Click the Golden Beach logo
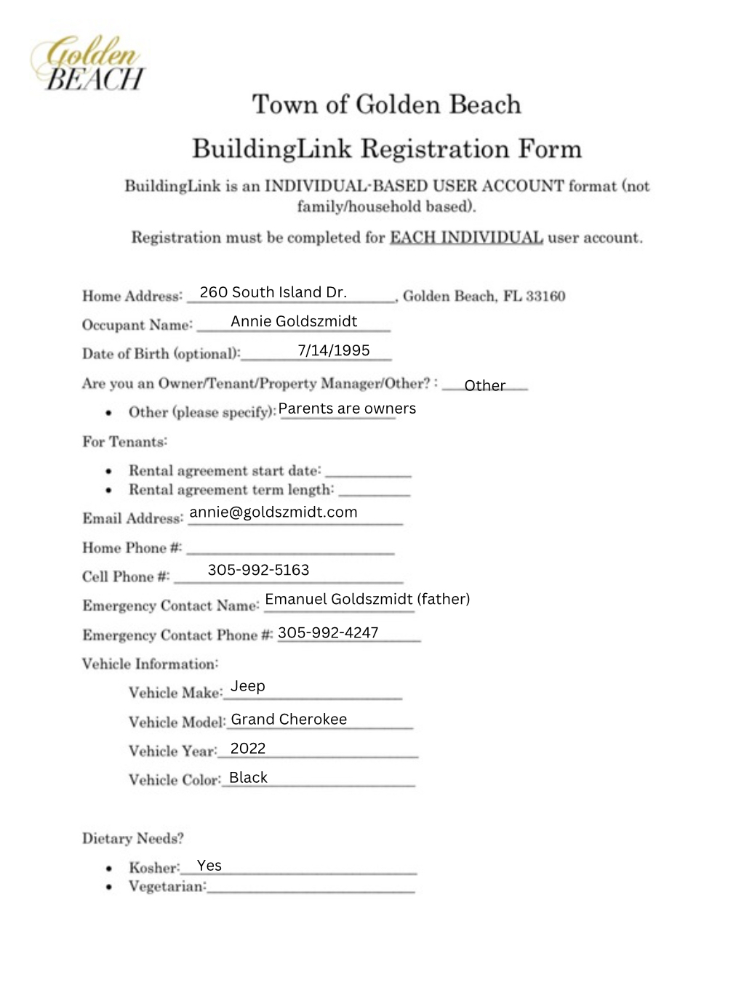coord(88,63)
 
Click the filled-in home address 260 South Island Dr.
coord(273,292)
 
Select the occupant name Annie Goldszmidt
coord(294,321)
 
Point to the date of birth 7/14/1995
coord(334,350)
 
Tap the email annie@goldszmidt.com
coord(273,512)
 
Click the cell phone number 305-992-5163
coord(258,570)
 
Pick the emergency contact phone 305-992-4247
coord(328,632)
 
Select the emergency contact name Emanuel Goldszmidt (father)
coord(367,599)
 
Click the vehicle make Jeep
coord(248,686)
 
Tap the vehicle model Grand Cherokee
coord(289,719)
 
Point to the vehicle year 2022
coord(248,749)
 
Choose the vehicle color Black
coord(248,778)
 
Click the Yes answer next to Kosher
coord(209,866)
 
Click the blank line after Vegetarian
coord(311,888)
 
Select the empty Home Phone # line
coord(290,550)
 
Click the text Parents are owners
coord(347,409)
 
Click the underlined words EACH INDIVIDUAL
coord(466,238)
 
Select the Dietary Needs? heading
coord(133,838)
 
